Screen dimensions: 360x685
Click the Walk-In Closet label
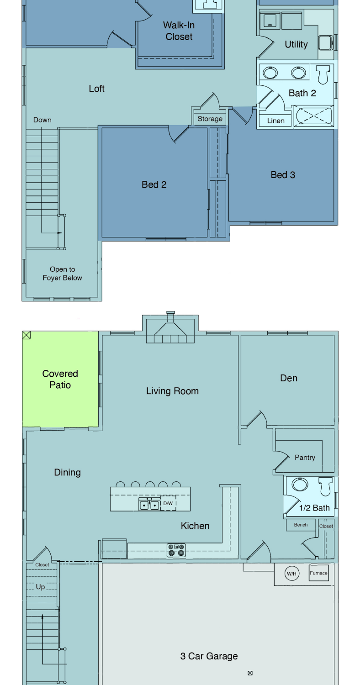[x=179, y=31]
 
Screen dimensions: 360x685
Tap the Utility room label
[x=296, y=45]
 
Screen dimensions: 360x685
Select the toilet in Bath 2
[x=323, y=74]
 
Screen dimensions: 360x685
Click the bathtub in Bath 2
[x=313, y=116]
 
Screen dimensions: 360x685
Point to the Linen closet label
[x=275, y=121]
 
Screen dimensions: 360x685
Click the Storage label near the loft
[x=210, y=119]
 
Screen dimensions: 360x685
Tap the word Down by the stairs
[x=42, y=120]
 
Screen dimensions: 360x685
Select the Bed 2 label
[x=154, y=184]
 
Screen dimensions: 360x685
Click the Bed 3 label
[x=283, y=175]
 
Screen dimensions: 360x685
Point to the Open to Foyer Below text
[x=63, y=274]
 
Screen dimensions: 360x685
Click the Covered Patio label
[x=60, y=379]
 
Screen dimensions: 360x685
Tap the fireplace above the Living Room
[x=170, y=330]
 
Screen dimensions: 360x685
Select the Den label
[x=289, y=378]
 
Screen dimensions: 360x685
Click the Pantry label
[x=305, y=458]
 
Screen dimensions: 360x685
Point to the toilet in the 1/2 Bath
[x=325, y=486]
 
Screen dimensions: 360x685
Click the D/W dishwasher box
[x=168, y=503]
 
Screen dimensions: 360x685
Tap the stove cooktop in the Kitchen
[x=176, y=549]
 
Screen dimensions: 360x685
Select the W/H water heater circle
[x=292, y=574]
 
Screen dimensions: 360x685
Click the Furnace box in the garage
[x=319, y=573]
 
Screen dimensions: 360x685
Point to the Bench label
[x=301, y=525]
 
